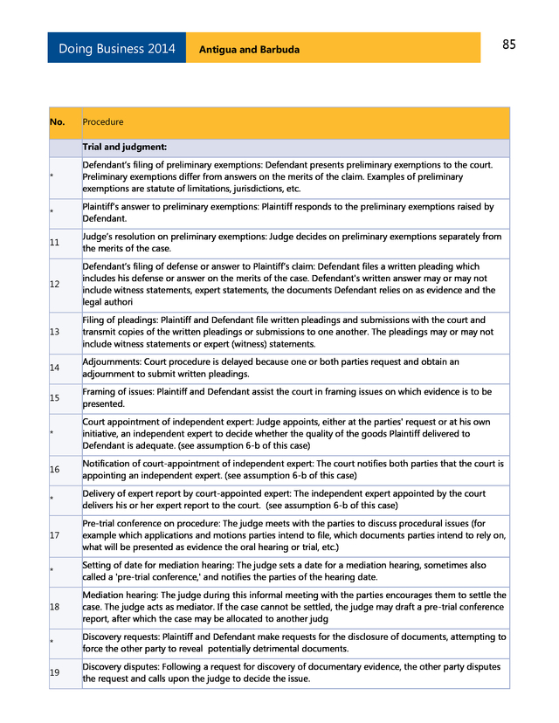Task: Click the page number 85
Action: coord(509,45)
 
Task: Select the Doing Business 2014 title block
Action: coord(116,49)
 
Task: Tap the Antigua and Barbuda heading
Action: coord(249,50)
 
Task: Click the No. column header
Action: coord(58,122)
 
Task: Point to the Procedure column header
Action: coord(103,122)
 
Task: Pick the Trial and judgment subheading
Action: coord(125,148)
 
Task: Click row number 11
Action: coord(55,243)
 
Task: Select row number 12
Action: coord(55,285)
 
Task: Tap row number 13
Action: coord(55,332)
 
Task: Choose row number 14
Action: coord(55,368)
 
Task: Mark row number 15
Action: coord(55,398)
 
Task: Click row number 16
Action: coord(55,470)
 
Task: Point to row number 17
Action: coord(55,535)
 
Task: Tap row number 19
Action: coord(55,672)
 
